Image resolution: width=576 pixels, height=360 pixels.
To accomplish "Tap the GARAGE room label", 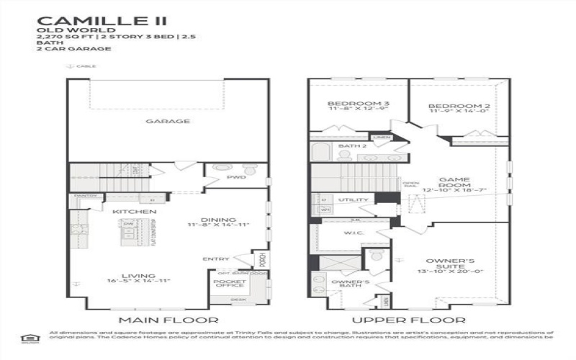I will coord(167,122).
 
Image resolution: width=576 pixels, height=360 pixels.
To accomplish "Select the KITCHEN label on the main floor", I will coord(134,212).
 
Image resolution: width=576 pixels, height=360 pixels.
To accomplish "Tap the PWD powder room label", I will coord(236,176).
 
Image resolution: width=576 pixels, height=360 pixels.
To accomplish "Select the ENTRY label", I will coord(216,259).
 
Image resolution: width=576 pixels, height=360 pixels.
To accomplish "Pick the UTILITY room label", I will coord(354,200).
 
